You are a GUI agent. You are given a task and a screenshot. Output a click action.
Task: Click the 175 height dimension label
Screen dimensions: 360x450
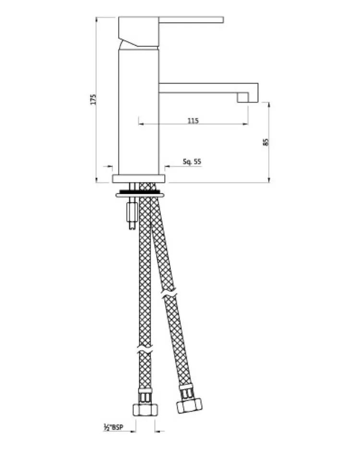[93, 99]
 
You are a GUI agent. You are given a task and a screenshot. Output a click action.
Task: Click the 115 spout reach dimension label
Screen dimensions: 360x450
[193, 120]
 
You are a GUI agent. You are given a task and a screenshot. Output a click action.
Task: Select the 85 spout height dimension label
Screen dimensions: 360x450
[265, 142]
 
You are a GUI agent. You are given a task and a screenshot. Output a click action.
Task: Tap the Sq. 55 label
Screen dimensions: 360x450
[192, 162]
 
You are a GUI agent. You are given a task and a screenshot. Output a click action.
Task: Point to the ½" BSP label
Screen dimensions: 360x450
[113, 427]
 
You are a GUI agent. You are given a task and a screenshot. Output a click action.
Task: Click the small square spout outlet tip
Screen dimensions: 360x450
[242, 97]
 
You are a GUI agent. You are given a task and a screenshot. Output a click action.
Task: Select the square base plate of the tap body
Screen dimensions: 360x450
[139, 178]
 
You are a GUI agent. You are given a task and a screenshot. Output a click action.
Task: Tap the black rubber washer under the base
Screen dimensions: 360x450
[140, 191]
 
